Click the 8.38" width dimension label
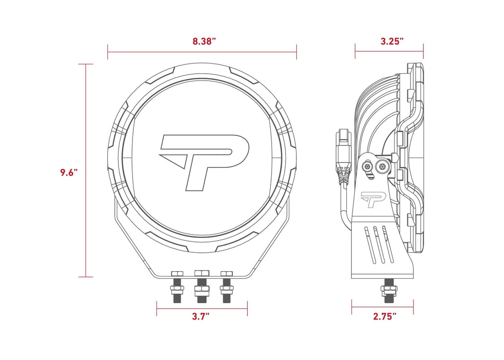point(204,41)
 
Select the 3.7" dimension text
point(201,317)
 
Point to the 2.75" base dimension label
point(385,317)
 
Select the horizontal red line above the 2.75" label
point(383,307)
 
